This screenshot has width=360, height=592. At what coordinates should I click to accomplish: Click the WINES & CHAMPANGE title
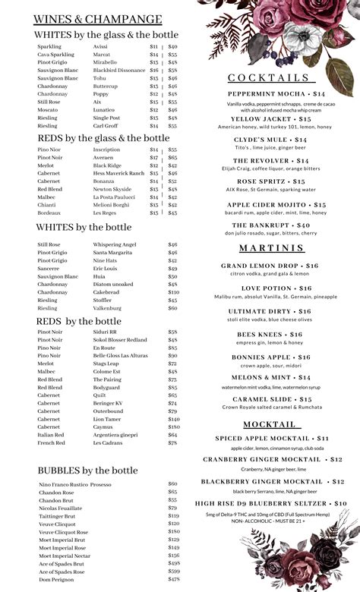coord(99,19)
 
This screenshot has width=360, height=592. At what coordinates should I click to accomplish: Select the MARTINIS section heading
coord(271,248)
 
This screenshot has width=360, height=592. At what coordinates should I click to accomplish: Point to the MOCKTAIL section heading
coord(270,424)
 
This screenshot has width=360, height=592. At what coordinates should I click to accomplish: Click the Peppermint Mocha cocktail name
coord(271,93)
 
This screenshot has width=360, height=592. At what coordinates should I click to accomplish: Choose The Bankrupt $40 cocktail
coord(271,225)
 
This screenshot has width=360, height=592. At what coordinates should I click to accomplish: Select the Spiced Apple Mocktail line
coord(271,439)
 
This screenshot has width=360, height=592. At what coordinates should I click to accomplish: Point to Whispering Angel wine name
coord(115,244)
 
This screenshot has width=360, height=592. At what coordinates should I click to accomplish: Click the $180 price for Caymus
coord(174,427)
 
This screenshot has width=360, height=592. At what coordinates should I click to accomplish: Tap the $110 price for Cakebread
coord(174,292)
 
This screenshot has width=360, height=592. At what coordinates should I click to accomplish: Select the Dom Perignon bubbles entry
coord(55,579)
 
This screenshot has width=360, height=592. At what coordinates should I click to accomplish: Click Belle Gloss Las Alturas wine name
coord(119,355)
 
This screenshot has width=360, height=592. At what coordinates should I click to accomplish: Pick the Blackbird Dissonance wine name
coord(119,71)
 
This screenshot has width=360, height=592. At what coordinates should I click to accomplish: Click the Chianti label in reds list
coord(48,205)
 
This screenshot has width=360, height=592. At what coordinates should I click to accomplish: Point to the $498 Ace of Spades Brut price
coord(174,563)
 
